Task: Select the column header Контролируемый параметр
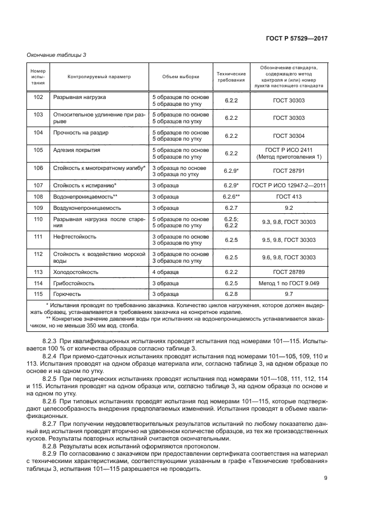tap(98, 77)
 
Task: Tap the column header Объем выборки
tap(180, 77)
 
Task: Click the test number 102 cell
tap(38, 97)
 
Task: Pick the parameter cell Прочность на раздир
tap(80, 133)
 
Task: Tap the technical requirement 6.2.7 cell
tap(231, 208)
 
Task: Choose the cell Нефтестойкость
tap(71, 237)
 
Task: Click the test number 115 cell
tap(38, 294)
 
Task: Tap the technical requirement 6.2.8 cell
tap(231, 294)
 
